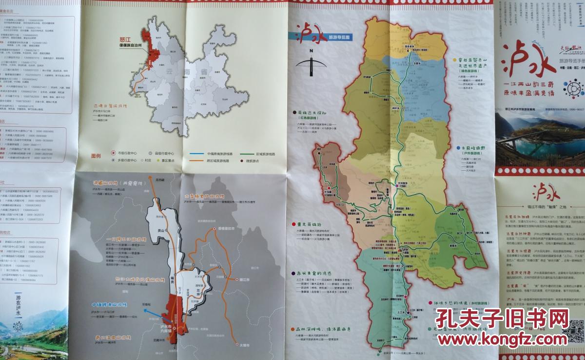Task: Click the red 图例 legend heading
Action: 96,156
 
